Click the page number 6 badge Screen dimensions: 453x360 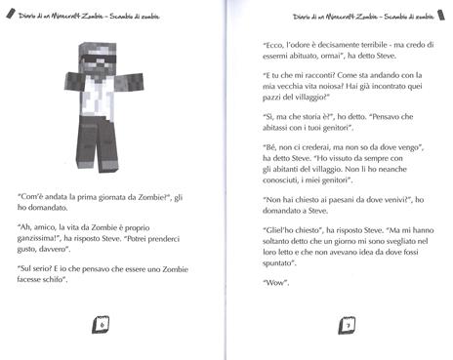click(102, 324)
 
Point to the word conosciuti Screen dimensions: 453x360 click(292, 186)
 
